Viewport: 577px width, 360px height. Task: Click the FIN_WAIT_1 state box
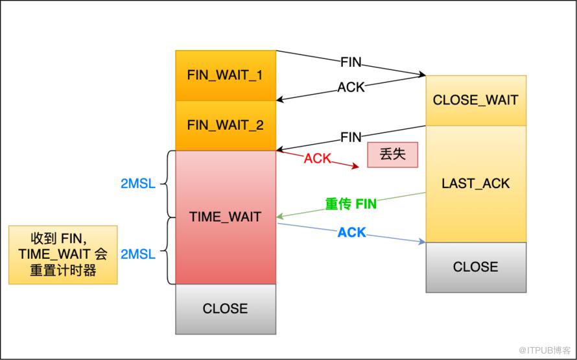click(226, 75)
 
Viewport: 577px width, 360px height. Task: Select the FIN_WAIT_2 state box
click(226, 125)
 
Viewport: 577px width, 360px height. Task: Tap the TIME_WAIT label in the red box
click(225, 217)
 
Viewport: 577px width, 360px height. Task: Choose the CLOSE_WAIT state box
click(476, 100)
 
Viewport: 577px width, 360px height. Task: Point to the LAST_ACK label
click(475, 184)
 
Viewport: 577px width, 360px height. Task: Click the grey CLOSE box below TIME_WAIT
click(226, 309)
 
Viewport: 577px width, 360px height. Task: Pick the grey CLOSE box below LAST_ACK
click(476, 267)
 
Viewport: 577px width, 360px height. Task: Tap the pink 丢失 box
click(393, 154)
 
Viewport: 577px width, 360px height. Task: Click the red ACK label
click(318, 158)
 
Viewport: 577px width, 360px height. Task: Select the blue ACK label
click(352, 232)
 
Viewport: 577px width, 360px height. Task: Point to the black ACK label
click(351, 87)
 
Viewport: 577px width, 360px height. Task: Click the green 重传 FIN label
click(351, 204)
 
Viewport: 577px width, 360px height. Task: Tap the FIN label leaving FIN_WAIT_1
click(351, 62)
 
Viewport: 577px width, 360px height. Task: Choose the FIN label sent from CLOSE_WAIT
click(351, 138)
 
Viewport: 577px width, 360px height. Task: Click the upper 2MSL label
click(138, 184)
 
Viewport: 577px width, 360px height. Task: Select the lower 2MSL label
click(138, 254)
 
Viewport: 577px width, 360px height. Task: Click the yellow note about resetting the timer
click(63, 255)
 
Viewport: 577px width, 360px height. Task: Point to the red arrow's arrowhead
click(355, 167)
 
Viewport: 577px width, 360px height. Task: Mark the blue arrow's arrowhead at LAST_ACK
click(422, 242)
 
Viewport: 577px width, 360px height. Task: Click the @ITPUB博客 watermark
click(545, 350)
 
